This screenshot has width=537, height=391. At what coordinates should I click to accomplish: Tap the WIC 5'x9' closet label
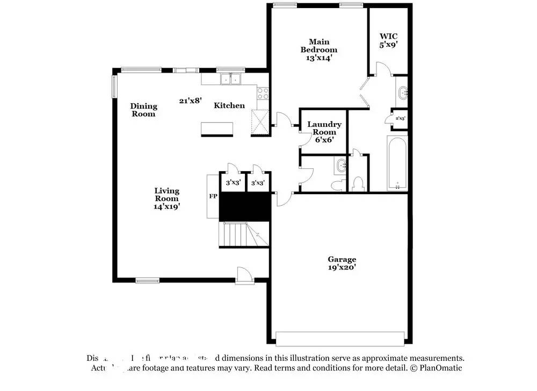coord(388,41)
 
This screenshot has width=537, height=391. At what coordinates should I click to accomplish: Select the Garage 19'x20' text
coord(342,263)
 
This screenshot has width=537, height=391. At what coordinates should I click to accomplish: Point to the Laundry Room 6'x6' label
coord(324,132)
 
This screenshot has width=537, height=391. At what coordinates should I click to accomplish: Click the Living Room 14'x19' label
coord(167,198)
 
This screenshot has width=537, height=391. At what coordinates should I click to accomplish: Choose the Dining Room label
coord(144,110)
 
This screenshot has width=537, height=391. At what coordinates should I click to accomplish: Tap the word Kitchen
coord(229,105)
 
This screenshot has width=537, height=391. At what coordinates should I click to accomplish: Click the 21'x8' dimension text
coord(190,100)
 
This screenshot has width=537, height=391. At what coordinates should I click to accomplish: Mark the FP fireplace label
coord(213,196)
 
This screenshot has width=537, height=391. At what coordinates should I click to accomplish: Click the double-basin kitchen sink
coord(232,79)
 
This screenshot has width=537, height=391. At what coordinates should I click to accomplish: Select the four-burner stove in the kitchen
coord(263,95)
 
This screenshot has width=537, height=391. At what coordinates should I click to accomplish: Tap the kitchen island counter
coord(217,129)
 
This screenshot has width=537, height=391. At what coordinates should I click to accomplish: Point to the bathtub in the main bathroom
coord(398,163)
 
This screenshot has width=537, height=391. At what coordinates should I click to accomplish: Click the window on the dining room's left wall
coord(114,87)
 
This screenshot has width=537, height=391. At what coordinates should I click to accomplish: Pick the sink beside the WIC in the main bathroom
coord(403,93)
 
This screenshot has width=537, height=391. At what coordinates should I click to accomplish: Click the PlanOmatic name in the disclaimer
coord(438,368)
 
